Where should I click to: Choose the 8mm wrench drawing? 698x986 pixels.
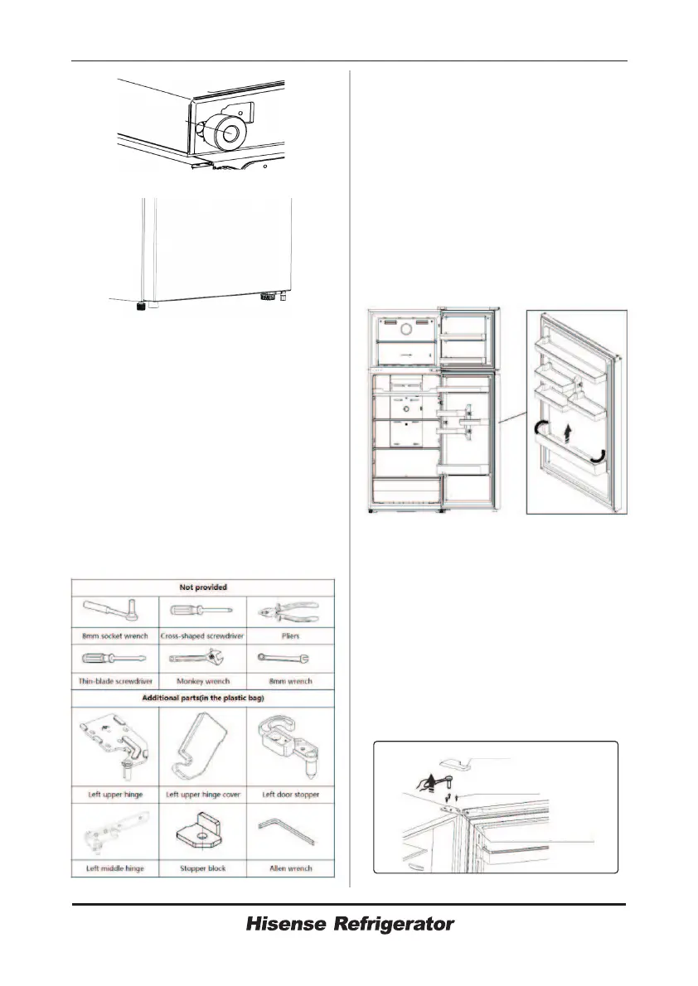coord(290,660)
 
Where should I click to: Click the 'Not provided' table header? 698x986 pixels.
coord(202,587)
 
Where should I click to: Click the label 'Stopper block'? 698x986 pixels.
coord(201,868)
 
